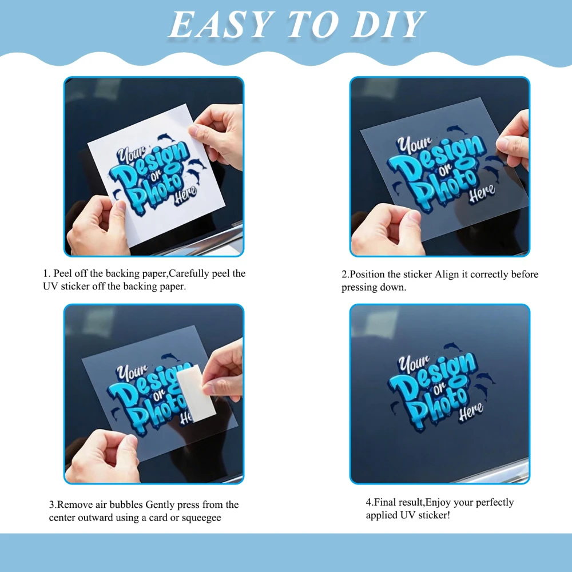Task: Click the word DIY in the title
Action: pyautogui.click(x=388, y=25)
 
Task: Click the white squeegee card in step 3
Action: pyautogui.click(x=196, y=393)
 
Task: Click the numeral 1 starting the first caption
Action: pyautogui.click(x=45, y=273)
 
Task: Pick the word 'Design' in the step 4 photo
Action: pyautogui.click(x=432, y=379)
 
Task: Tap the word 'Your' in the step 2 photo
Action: pyautogui.click(x=414, y=144)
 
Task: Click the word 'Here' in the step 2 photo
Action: pyautogui.click(x=482, y=193)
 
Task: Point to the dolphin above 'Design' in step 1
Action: pyautogui.click(x=166, y=137)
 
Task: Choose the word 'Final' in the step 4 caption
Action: pyautogui.click(x=385, y=502)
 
